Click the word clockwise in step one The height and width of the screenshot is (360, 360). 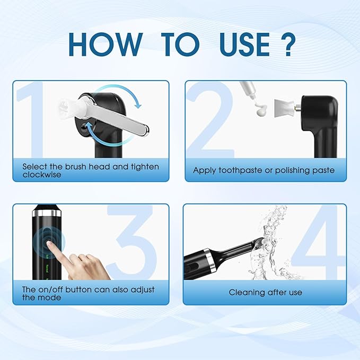point(42,174)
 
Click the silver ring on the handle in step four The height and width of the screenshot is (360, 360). point(210,258)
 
